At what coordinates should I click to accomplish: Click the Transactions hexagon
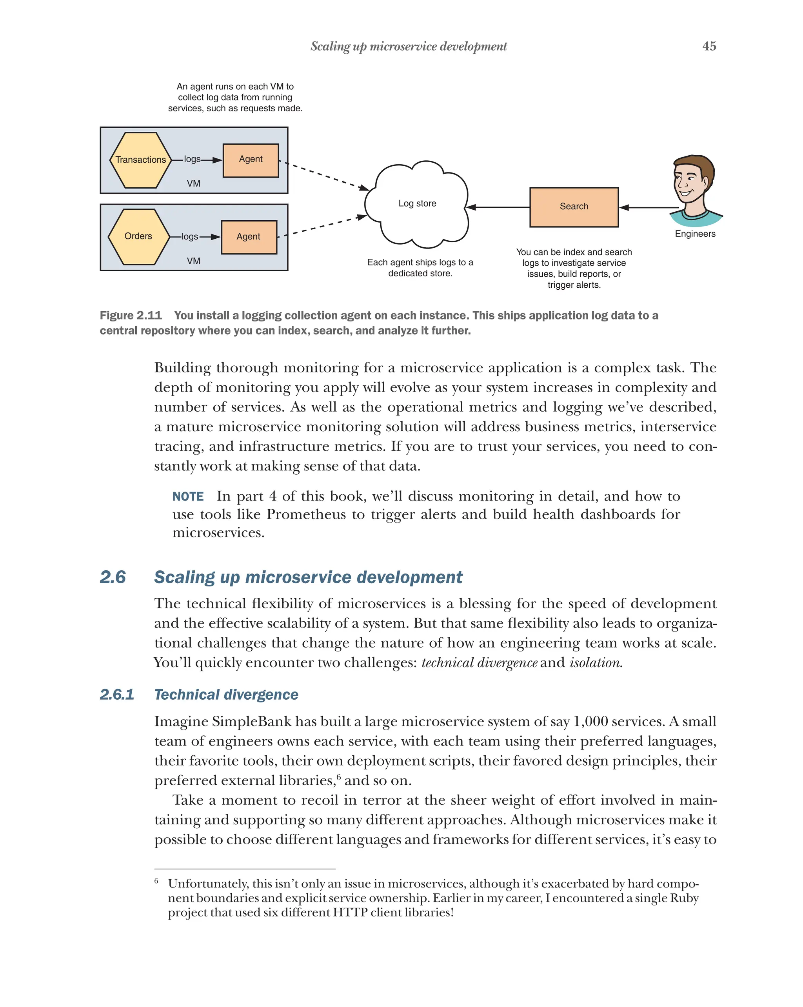(140, 160)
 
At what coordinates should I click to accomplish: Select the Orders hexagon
(138, 236)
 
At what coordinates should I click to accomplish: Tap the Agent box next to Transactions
(251, 160)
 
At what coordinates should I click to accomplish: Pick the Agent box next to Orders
(249, 237)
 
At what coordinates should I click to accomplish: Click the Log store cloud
(417, 204)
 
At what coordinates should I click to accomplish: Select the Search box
(574, 207)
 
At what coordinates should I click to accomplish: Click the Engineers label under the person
(695, 234)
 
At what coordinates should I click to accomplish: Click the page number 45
(709, 46)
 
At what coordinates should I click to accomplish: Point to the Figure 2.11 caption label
(131, 315)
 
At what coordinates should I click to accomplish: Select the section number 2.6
(113, 577)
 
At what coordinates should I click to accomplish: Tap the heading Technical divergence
(226, 695)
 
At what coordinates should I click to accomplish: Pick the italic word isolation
(595, 663)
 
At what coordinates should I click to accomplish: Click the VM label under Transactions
(193, 183)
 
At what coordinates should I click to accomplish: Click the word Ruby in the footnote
(684, 898)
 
